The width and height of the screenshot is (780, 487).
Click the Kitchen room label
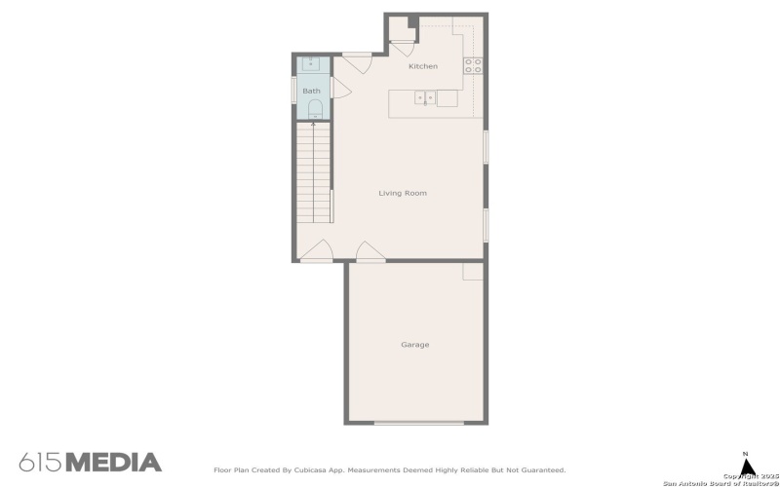[x=422, y=66]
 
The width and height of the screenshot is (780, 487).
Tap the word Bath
[x=311, y=91]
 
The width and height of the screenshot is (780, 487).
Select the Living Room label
[x=403, y=193]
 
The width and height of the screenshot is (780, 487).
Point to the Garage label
[x=414, y=345]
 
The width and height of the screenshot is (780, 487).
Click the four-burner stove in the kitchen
[x=473, y=65]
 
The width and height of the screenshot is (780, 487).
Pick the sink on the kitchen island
[x=425, y=97]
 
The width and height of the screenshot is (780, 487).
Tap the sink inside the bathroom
[x=312, y=63]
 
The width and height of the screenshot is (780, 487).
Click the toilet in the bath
[x=313, y=114]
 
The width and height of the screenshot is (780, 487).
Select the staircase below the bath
[x=314, y=175]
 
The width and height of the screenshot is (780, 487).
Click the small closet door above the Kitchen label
[x=401, y=46]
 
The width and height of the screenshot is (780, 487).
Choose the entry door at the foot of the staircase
[x=317, y=254]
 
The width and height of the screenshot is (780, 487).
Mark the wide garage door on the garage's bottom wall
[x=419, y=423]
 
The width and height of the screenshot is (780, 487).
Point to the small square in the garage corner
[x=473, y=271]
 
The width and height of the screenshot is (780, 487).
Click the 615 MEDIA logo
[x=90, y=462]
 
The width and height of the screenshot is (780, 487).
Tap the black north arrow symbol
[x=749, y=467]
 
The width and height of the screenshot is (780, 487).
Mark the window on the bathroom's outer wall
[x=294, y=89]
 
